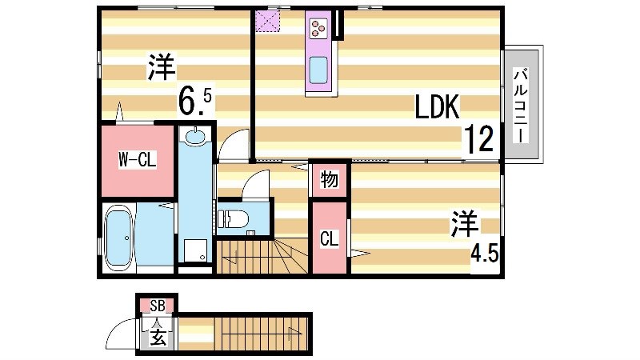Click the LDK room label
coord(436,106)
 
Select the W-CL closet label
coord(137,159)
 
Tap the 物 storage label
coord(329,179)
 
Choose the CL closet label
coord(328,238)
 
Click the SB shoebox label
coord(156,305)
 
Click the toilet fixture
coord(234,217)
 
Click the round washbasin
coord(194,138)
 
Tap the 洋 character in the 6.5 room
coord(161,67)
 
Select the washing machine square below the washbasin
coord(194,251)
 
